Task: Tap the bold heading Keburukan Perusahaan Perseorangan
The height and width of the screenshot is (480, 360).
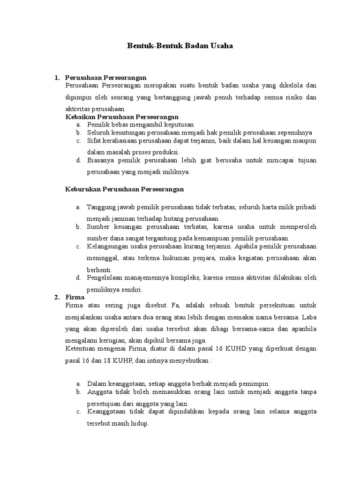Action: click(124, 189)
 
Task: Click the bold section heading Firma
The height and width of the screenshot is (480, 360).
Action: click(75, 297)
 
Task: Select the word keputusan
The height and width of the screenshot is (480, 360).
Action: click(178, 125)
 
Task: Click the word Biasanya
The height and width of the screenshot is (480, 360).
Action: click(99, 160)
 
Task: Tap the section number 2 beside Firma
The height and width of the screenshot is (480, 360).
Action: click(56, 297)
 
